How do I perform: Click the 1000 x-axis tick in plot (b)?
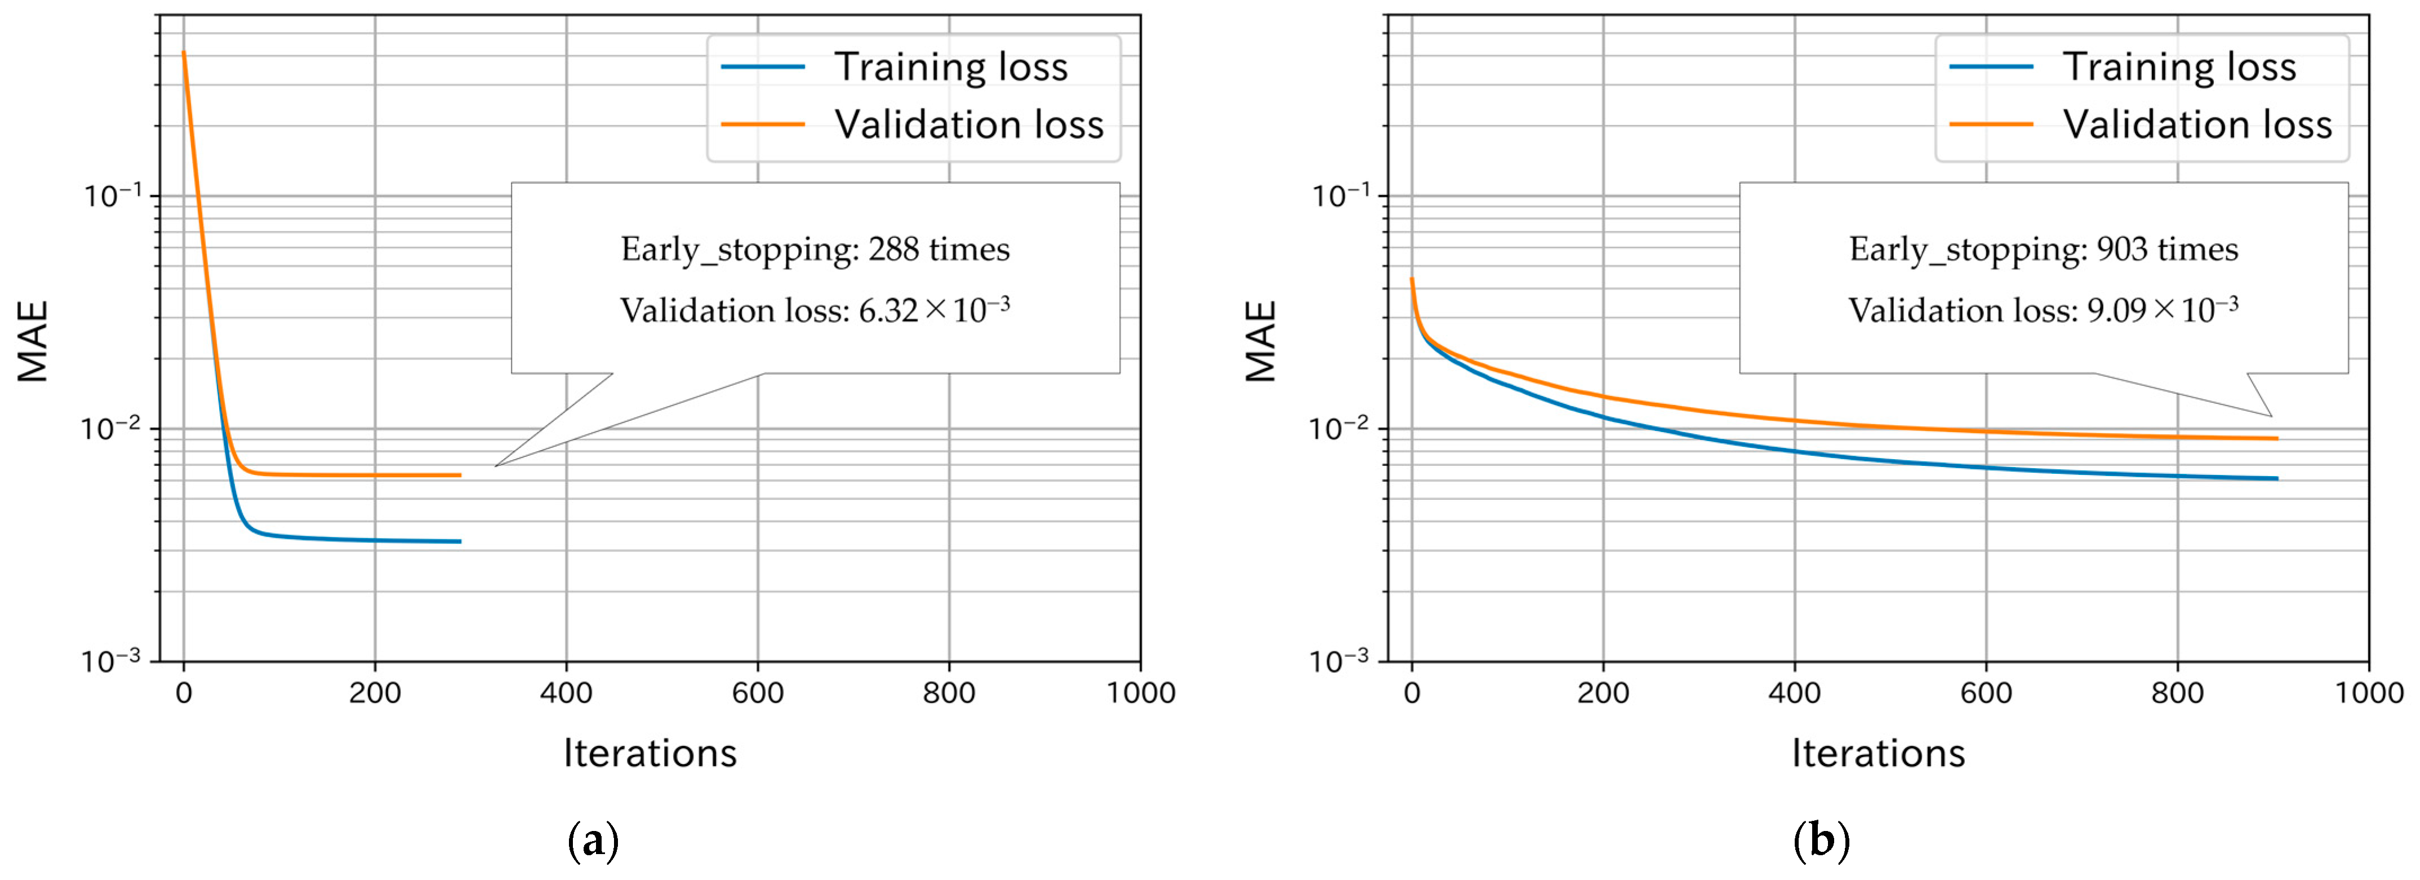[2368, 693]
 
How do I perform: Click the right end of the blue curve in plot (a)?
[460, 541]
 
